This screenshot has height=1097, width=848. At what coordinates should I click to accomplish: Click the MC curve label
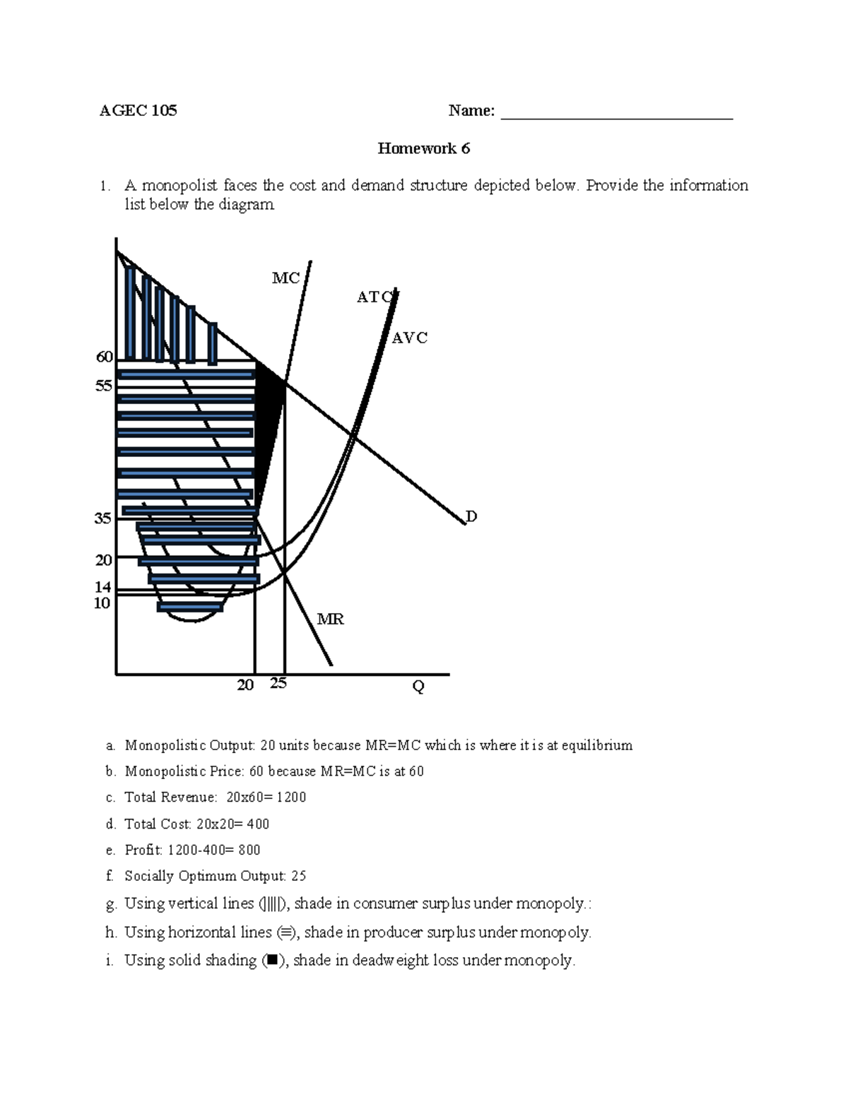pos(285,278)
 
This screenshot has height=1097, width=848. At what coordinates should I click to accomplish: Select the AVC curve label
pos(410,338)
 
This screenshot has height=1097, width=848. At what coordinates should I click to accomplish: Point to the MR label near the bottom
pos(330,619)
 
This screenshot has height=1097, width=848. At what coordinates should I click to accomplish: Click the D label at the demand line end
pos(471,516)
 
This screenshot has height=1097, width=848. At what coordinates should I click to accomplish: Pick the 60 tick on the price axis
pos(105,357)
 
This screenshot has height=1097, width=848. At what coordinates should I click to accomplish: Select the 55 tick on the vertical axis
pos(104,386)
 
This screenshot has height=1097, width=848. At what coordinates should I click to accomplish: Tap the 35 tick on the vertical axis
pos(103,518)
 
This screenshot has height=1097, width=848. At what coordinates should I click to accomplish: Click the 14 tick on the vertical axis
pos(103,588)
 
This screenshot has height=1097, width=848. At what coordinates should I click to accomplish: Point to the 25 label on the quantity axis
pos(278,683)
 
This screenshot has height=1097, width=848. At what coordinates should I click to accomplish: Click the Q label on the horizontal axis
pos(418,687)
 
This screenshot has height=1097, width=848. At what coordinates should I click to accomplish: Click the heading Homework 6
pos(423,148)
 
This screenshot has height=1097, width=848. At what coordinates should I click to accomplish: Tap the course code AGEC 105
pos(139,111)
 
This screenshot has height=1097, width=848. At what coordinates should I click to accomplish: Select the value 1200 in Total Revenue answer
pos(291,797)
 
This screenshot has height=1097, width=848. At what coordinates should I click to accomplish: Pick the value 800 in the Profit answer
pos(249,850)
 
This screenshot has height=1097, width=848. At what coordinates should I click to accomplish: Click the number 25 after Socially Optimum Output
pos(298,877)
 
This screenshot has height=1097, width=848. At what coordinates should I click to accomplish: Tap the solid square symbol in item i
pos(272,961)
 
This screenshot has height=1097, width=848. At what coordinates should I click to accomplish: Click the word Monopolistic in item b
pos(165,771)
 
